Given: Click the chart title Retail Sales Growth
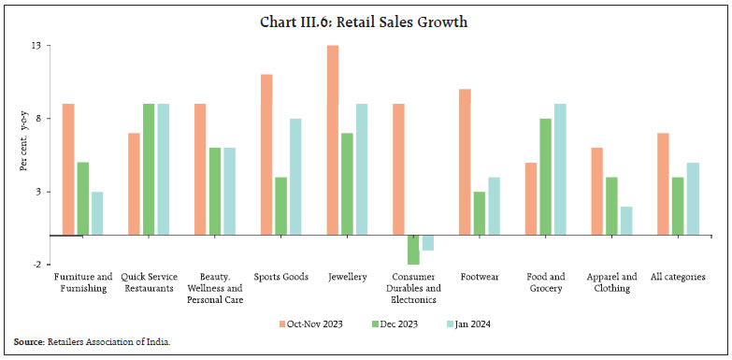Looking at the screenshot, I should pos(366,22).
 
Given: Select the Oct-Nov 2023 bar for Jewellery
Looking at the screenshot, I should pos(333,140).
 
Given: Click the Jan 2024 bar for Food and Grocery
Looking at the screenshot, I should pos(560,169).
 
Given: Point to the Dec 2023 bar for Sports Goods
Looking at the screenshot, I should pos(280,206).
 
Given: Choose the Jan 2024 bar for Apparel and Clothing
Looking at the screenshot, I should pos(626,221).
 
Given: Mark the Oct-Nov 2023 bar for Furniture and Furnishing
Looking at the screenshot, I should pos(68,169).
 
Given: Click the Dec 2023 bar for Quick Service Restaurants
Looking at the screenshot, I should pos(149,169).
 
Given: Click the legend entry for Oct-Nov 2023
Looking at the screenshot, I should pos(312,324).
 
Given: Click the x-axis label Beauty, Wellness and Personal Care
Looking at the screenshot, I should pos(215,288).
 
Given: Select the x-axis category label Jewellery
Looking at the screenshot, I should pos(346,277).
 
